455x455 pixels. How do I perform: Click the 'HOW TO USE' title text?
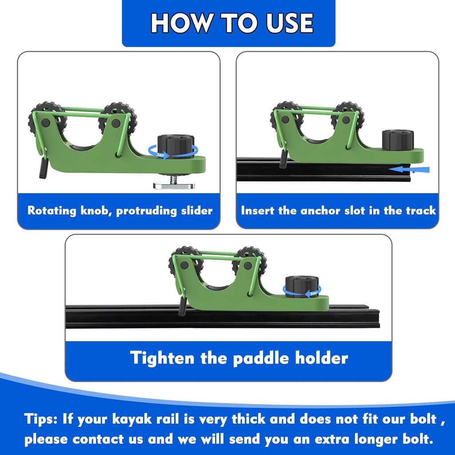click(232, 23)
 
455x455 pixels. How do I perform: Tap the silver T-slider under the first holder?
click(174, 185)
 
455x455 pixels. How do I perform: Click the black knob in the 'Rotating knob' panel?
click(176, 146)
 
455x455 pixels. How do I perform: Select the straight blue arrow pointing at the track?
click(409, 169)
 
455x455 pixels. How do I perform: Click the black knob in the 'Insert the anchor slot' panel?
click(398, 140)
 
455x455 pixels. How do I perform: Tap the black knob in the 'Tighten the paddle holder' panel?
click(302, 287)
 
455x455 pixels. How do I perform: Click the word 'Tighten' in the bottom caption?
click(162, 358)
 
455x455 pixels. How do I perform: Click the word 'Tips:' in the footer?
click(41, 419)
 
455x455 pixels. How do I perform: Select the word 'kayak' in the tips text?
click(132, 419)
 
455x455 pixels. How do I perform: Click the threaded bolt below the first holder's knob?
click(174, 179)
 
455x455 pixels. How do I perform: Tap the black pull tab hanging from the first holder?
click(44, 168)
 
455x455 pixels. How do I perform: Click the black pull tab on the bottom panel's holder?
click(183, 306)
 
